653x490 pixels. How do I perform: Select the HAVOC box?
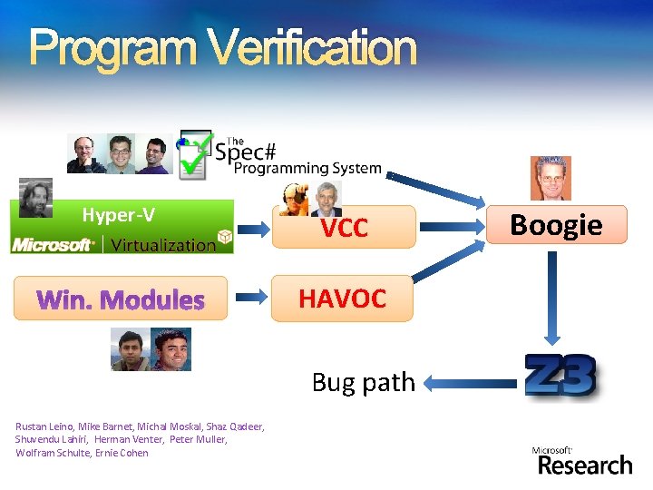pyautogui.click(x=343, y=299)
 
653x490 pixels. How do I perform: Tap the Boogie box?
pyautogui.click(x=556, y=225)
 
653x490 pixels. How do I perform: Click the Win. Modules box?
pyautogui.click(x=121, y=299)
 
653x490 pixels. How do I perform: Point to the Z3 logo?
pyautogui.click(x=561, y=377)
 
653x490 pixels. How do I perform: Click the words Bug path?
pyautogui.click(x=363, y=383)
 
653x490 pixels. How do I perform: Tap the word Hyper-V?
pyautogui.click(x=118, y=215)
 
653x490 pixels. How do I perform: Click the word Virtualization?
pyautogui.click(x=163, y=245)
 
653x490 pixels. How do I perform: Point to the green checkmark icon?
pyautogui.click(x=192, y=156)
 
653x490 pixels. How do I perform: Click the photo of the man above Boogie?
pyautogui.click(x=551, y=178)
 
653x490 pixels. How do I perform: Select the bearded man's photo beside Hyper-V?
pyautogui.click(x=35, y=197)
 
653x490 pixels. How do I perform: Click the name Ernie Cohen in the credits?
pyautogui.click(x=122, y=453)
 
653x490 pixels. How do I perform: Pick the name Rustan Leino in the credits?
pyautogui.click(x=44, y=426)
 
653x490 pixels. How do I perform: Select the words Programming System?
pyautogui.click(x=307, y=168)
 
